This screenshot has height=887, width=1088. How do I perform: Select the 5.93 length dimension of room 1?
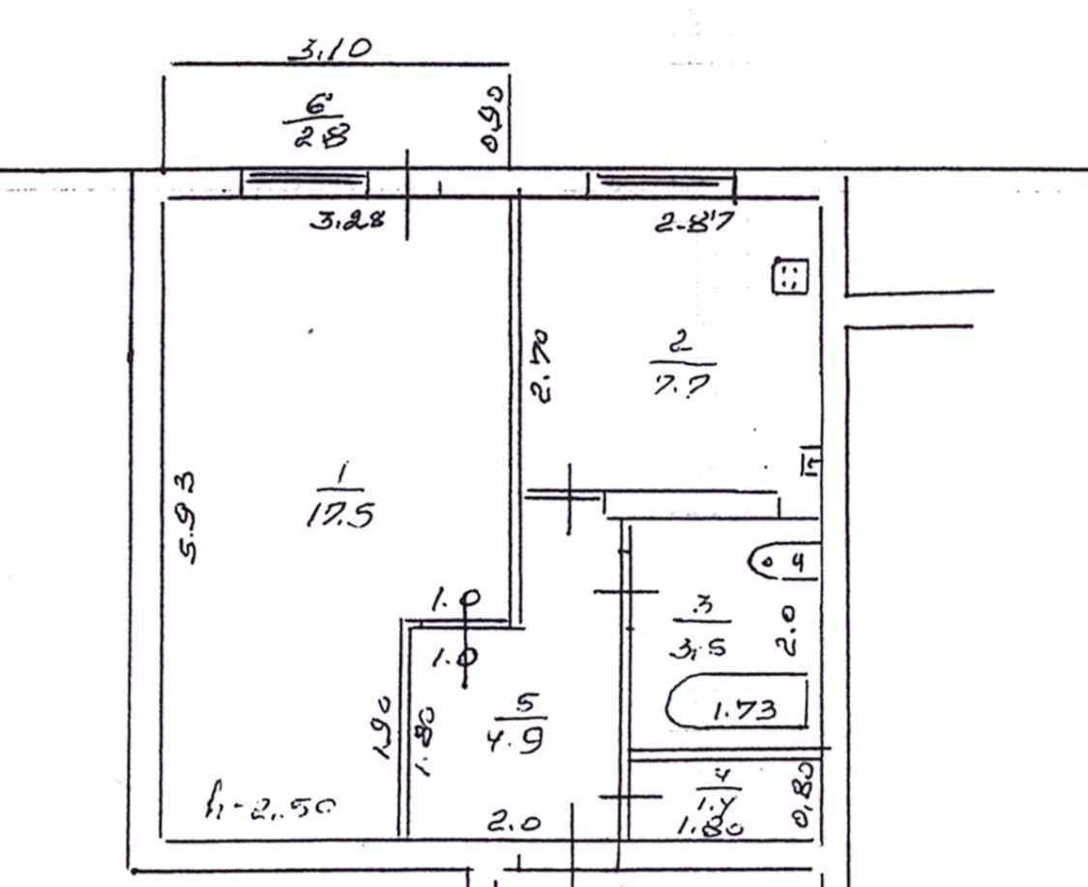coord(189,517)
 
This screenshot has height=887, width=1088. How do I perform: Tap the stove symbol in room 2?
coord(788,278)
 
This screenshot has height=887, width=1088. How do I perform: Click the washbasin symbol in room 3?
coord(785,560)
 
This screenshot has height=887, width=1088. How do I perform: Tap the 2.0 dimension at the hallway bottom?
coord(512,823)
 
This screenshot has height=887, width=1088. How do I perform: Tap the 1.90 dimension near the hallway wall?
coord(385,726)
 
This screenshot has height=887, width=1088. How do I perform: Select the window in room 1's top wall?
coord(304,181)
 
